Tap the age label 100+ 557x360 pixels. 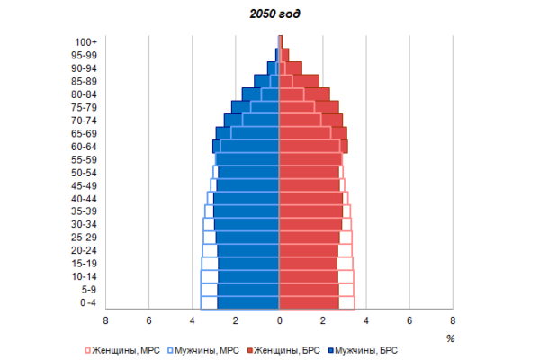[x=86, y=41]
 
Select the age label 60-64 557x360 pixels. [x=85, y=147]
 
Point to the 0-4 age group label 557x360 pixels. [x=87, y=303]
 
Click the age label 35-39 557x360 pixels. [x=85, y=211]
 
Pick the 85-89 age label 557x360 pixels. [x=85, y=81]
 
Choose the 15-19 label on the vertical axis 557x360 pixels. [x=85, y=264]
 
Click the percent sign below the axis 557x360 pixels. [x=450, y=337]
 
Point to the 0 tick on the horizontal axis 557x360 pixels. [x=279, y=320]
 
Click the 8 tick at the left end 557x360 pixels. [x=105, y=320]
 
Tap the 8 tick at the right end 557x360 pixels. [x=453, y=320]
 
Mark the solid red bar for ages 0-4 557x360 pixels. [x=309, y=303]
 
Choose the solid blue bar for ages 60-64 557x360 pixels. [x=247, y=147]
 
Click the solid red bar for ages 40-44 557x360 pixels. [x=310, y=199]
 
